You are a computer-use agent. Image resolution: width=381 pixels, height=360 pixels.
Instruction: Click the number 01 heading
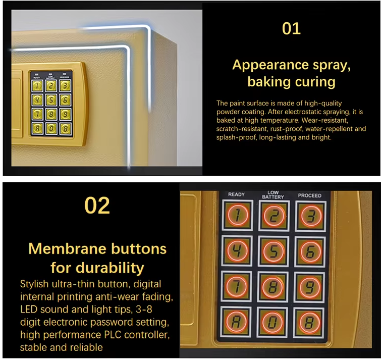[x=291, y=28]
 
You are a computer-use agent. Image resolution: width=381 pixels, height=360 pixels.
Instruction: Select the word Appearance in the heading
[x=264, y=65]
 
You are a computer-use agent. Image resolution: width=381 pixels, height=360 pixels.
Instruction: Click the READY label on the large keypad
[x=236, y=195]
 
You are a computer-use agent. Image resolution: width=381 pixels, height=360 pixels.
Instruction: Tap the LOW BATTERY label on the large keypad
[x=273, y=194]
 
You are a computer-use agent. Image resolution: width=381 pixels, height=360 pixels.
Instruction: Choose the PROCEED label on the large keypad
[x=309, y=195]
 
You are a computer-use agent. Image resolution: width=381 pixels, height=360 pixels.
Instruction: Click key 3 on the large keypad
[x=310, y=216]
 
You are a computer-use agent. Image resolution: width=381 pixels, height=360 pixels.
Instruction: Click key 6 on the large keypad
[x=310, y=251]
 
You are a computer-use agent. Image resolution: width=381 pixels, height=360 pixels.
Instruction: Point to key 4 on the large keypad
[x=236, y=251]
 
